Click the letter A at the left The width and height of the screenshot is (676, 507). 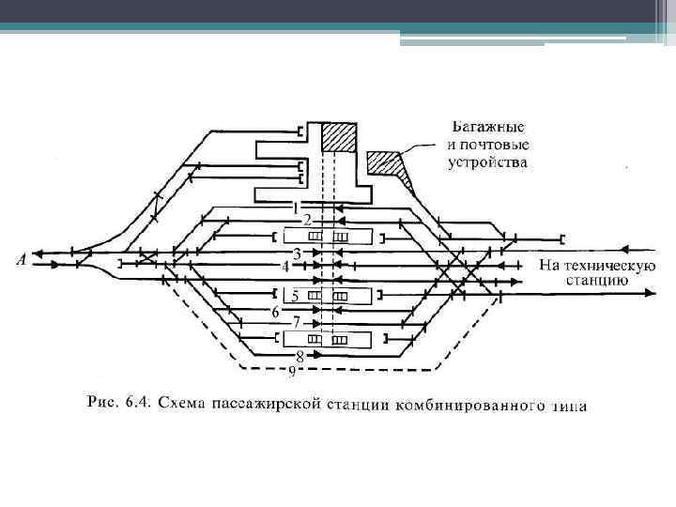(x=21, y=259)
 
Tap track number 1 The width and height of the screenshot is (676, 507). (x=295, y=207)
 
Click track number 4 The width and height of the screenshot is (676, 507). (x=284, y=267)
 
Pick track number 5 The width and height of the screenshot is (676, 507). (x=295, y=296)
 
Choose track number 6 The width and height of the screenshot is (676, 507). (x=275, y=310)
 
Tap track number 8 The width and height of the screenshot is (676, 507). (x=300, y=356)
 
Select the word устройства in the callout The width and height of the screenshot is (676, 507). (x=488, y=162)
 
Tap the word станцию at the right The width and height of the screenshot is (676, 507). (x=596, y=279)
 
